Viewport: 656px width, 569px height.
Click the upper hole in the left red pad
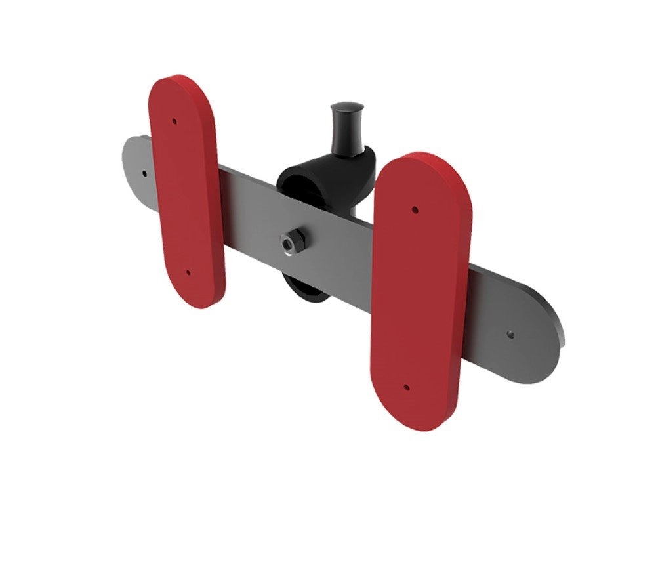pos(174,121)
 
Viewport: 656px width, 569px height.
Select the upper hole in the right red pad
pos(415,210)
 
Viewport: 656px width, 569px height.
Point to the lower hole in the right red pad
pos(407,388)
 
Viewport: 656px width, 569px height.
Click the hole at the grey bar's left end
pos(144,174)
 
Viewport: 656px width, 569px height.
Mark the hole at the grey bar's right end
pos(511,334)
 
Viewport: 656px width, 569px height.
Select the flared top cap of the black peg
pos(347,106)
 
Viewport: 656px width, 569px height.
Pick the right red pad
pos(420,295)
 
